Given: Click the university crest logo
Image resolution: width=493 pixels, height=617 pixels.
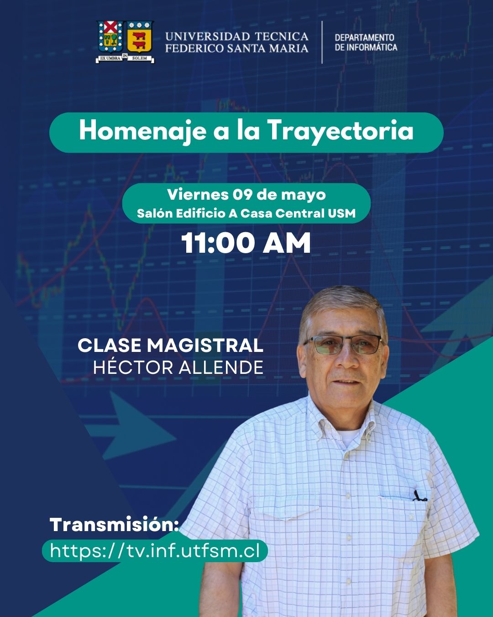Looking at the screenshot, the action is pos(125,42).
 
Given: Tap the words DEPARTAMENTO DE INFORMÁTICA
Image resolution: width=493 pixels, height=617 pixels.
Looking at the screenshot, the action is pos(366,42).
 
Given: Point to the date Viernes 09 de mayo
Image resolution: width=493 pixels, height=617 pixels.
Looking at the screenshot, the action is pos(246,195).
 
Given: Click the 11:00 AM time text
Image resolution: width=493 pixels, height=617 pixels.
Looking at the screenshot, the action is pos(246,243).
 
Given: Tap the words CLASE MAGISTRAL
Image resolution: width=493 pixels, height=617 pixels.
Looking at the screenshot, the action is pos(170,346).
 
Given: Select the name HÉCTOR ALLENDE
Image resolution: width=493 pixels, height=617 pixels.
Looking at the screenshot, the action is pos(178,367).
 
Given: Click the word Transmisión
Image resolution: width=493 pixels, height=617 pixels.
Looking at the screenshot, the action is pos(114,524).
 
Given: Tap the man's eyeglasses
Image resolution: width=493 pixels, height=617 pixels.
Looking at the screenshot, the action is pos(343,344).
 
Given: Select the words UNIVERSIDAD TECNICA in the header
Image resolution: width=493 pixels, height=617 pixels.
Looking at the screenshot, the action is pos(236,37).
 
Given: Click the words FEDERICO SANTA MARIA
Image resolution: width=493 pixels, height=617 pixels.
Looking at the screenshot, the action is pos(236,48).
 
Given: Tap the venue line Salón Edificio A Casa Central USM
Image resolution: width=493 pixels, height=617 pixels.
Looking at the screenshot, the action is pos(246,213).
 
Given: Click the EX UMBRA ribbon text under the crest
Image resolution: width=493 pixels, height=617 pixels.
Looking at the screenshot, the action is pos(110,58).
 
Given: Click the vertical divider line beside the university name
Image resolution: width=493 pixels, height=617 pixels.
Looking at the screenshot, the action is pos(322,42).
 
